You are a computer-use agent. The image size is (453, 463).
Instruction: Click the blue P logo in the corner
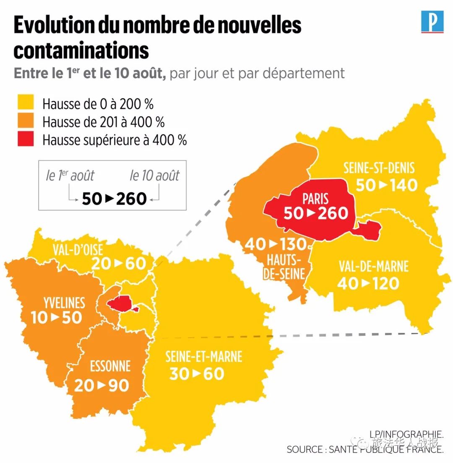[432, 22]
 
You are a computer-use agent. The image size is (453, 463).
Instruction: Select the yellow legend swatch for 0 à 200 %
[25, 103]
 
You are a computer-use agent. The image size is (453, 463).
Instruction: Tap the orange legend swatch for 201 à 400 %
[25, 121]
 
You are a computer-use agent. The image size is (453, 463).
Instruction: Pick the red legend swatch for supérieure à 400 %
[25, 139]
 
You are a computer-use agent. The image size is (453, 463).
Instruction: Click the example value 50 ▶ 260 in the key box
[114, 198]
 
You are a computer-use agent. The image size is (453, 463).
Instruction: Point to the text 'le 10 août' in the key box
[154, 176]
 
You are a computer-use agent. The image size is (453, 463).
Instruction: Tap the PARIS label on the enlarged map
[315, 199]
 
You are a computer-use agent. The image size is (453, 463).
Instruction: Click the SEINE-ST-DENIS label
[379, 168]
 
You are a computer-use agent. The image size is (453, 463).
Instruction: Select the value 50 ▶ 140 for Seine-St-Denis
[386, 185]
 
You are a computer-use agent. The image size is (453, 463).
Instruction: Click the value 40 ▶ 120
[368, 284]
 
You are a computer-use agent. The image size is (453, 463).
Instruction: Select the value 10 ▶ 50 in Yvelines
[56, 318]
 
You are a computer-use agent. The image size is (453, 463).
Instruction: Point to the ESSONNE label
[110, 366]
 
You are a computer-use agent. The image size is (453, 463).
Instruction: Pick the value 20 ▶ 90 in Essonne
[102, 385]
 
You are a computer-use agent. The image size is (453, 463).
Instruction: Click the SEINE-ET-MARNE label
[203, 357]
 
